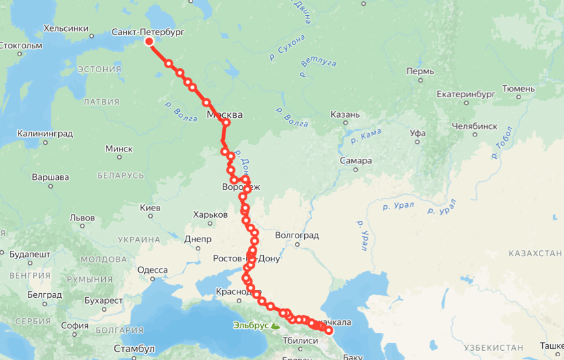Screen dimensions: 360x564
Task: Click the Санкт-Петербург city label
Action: tap(147, 31)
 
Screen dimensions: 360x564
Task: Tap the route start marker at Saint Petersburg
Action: tap(149, 42)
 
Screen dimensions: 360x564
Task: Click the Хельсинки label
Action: tap(65, 28)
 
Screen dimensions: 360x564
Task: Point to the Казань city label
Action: tap(345, 114)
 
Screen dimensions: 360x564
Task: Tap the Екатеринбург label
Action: tap(466, 95)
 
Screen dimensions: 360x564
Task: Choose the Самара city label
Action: tap(356, 160)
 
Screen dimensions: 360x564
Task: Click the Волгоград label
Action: tap(297, 236)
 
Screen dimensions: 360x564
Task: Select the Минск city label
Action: tap(119, 149)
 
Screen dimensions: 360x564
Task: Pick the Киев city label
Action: tap(150, 208)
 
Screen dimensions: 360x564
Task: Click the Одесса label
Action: tap(152, 270)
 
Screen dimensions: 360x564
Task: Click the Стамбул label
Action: tap(134, 348)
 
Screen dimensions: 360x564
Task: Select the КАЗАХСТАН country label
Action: tap(535, 253)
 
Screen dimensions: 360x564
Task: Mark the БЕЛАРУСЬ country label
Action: tap(120, 175)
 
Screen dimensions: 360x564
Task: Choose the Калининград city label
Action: tap(45, 134)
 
